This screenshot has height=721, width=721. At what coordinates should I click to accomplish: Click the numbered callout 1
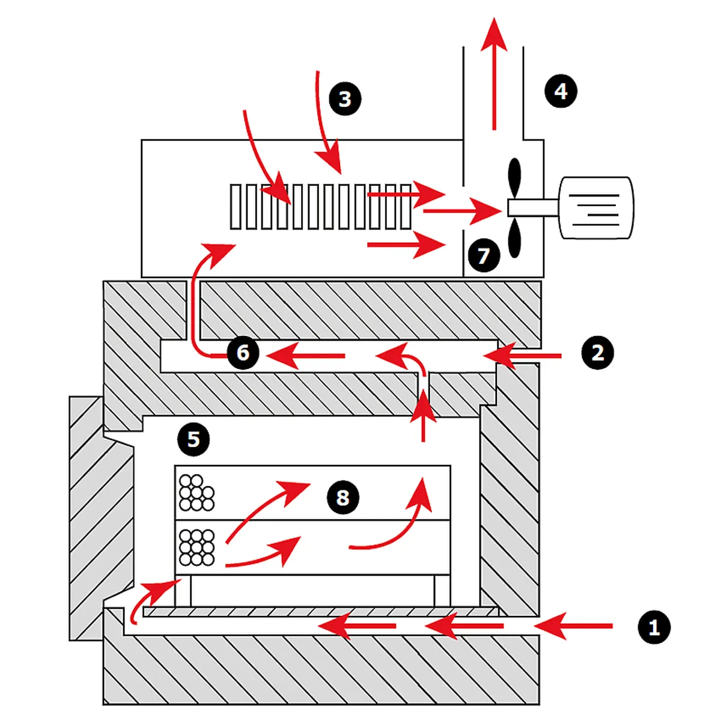pos(654,627)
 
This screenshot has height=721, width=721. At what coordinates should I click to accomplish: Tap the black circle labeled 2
pos(597,353)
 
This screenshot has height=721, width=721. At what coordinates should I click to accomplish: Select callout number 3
pos(345,99)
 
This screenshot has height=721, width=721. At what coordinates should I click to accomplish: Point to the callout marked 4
pos(561,91)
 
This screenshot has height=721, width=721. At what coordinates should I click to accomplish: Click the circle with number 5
pos(193,439)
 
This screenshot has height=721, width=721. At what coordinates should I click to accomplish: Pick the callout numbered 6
pos(243,353)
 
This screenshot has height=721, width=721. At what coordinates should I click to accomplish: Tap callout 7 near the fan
pos(484,255)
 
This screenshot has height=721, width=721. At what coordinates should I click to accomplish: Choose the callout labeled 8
pos(342,497)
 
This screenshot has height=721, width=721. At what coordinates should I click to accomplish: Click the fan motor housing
pos(595,208)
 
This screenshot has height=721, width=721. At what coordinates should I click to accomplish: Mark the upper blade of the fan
pos(514,178)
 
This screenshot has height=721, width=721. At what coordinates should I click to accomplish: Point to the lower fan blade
pos(514,237)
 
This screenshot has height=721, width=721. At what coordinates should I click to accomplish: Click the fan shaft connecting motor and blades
pos(533,208)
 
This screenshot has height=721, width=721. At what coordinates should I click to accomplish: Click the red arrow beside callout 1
pos(573,626)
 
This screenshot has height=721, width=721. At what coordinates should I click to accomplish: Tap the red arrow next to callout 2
pos(522,356)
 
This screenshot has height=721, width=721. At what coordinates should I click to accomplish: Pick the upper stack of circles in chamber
pos(196,493)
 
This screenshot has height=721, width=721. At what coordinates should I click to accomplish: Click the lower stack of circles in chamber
pos(196,547)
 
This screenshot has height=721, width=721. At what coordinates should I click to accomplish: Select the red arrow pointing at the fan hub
pos(463,211)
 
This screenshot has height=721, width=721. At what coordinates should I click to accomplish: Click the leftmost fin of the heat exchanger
pos(235,207)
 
